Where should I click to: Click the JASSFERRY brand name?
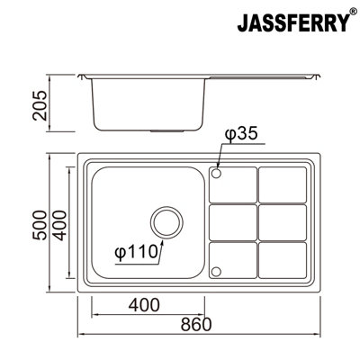click(x=293, y=22)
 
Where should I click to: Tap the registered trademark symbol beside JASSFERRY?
click(x=354, y=12)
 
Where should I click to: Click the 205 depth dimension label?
click(x=40, y=105)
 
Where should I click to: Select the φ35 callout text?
click(x=241, y=133)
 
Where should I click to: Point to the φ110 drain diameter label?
click(x=136, y=252)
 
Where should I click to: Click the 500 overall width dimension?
click(x=40, y=225)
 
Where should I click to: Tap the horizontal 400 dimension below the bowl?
click(x=144, y=305)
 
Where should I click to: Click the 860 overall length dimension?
click(x=196, y=324)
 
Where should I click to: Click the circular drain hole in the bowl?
click(x=166, y=222)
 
